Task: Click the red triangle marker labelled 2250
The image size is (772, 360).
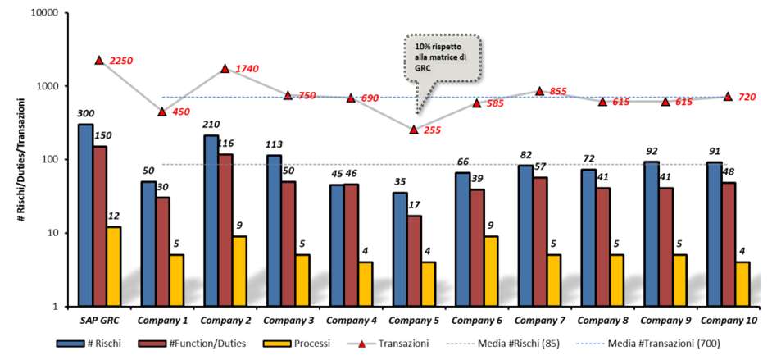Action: pyautogui.click(x=99, y=61)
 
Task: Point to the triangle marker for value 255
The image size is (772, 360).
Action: pyautogui.click(x=414, y=130)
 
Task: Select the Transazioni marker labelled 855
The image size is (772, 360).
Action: pyautogui.click(x=539, y=91)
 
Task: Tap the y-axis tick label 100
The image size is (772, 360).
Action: pyautogui.click(x=48, y=159)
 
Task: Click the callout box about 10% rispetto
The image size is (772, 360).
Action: pyautogui.click(x=442, y=59)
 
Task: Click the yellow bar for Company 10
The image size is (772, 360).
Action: pyautogui.click(x=742, y=284)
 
